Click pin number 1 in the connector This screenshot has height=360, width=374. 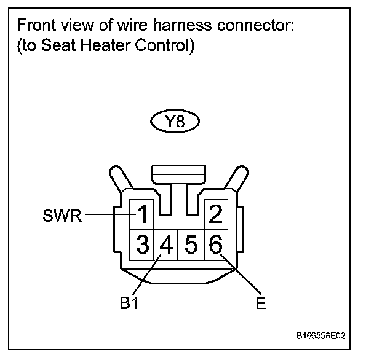143,215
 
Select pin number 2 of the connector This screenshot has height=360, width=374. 215,215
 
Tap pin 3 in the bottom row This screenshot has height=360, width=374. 143,245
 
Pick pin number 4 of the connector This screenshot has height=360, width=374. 166,245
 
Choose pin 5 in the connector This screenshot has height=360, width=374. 191,245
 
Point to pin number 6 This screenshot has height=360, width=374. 215,245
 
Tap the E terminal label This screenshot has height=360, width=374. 261,303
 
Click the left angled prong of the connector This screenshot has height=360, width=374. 121,179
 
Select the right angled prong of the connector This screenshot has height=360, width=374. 236,179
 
